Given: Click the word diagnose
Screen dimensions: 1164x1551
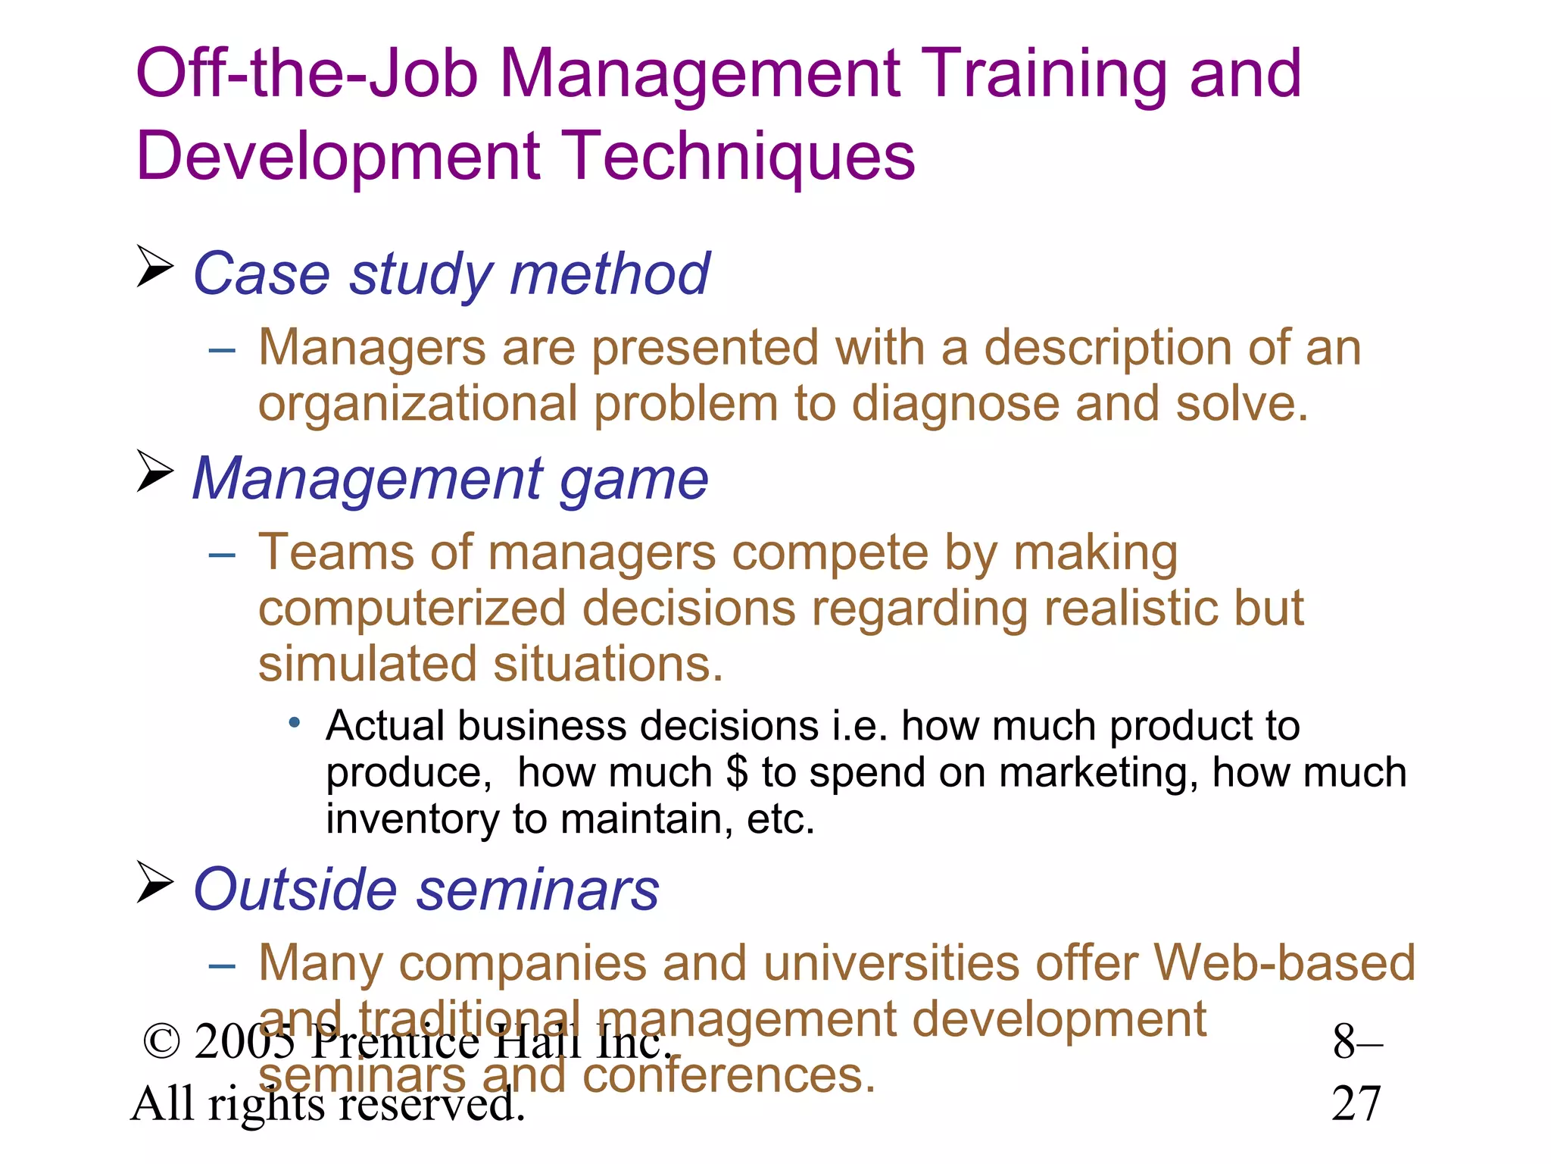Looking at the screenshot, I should click(x=955, y=404).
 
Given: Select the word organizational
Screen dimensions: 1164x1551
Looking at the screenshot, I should click(x=418, y=404).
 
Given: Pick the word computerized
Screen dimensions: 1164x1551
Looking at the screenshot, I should click(x=413, y=609).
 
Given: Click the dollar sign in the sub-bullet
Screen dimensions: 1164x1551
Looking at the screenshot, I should click(x=736, y=772).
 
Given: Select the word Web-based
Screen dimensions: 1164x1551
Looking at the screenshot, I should click(x=1284, y=963).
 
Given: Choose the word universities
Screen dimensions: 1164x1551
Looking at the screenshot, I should click(x=891, y=963).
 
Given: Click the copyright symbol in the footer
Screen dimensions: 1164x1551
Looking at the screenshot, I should click(x=161, y=1043).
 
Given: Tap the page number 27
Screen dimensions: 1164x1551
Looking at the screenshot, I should click(x=1356, y=1103).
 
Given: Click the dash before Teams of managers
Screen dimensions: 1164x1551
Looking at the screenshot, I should click(x=222, y=555).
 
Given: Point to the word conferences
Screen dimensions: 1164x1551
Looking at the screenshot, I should click(x=729, y=1075).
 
